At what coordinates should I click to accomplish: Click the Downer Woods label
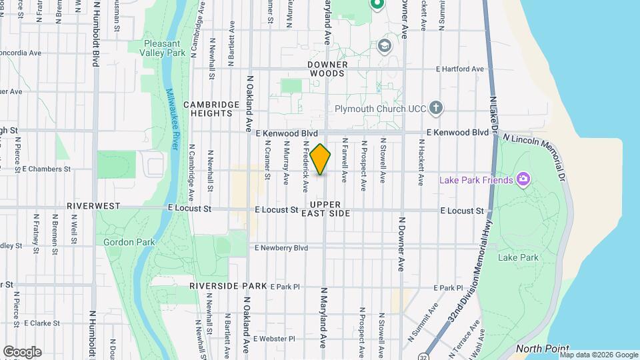[328, 69]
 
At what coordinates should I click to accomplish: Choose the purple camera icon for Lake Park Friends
[523, 179]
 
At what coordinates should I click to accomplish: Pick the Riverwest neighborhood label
[93, 207]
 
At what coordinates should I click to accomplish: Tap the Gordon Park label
[129, 243]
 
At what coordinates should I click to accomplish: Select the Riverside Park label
[228, 286]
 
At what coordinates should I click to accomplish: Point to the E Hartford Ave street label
[459, 69]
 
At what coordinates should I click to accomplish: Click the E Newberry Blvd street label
[281, 247]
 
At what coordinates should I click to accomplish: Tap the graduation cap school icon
[383, 45]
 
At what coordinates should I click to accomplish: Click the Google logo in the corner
[22, 351]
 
